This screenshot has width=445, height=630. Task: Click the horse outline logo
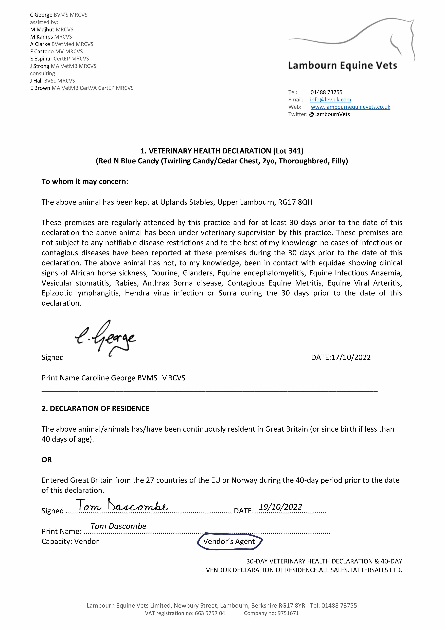coord(354,38)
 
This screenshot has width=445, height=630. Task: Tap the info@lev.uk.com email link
coord(330,100)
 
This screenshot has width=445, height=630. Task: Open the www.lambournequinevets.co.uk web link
coord(350,107)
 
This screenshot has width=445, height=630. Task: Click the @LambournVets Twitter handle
coord(329,114)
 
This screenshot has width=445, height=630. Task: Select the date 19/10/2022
coord(280,507)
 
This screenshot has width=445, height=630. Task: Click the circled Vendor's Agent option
coord(229,541)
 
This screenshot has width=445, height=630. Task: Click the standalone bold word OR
coord(47,460)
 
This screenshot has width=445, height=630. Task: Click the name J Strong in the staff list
coord(40,66)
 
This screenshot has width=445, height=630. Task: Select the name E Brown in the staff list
coord(40,88)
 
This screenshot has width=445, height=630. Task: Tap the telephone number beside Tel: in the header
coord(326,92)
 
